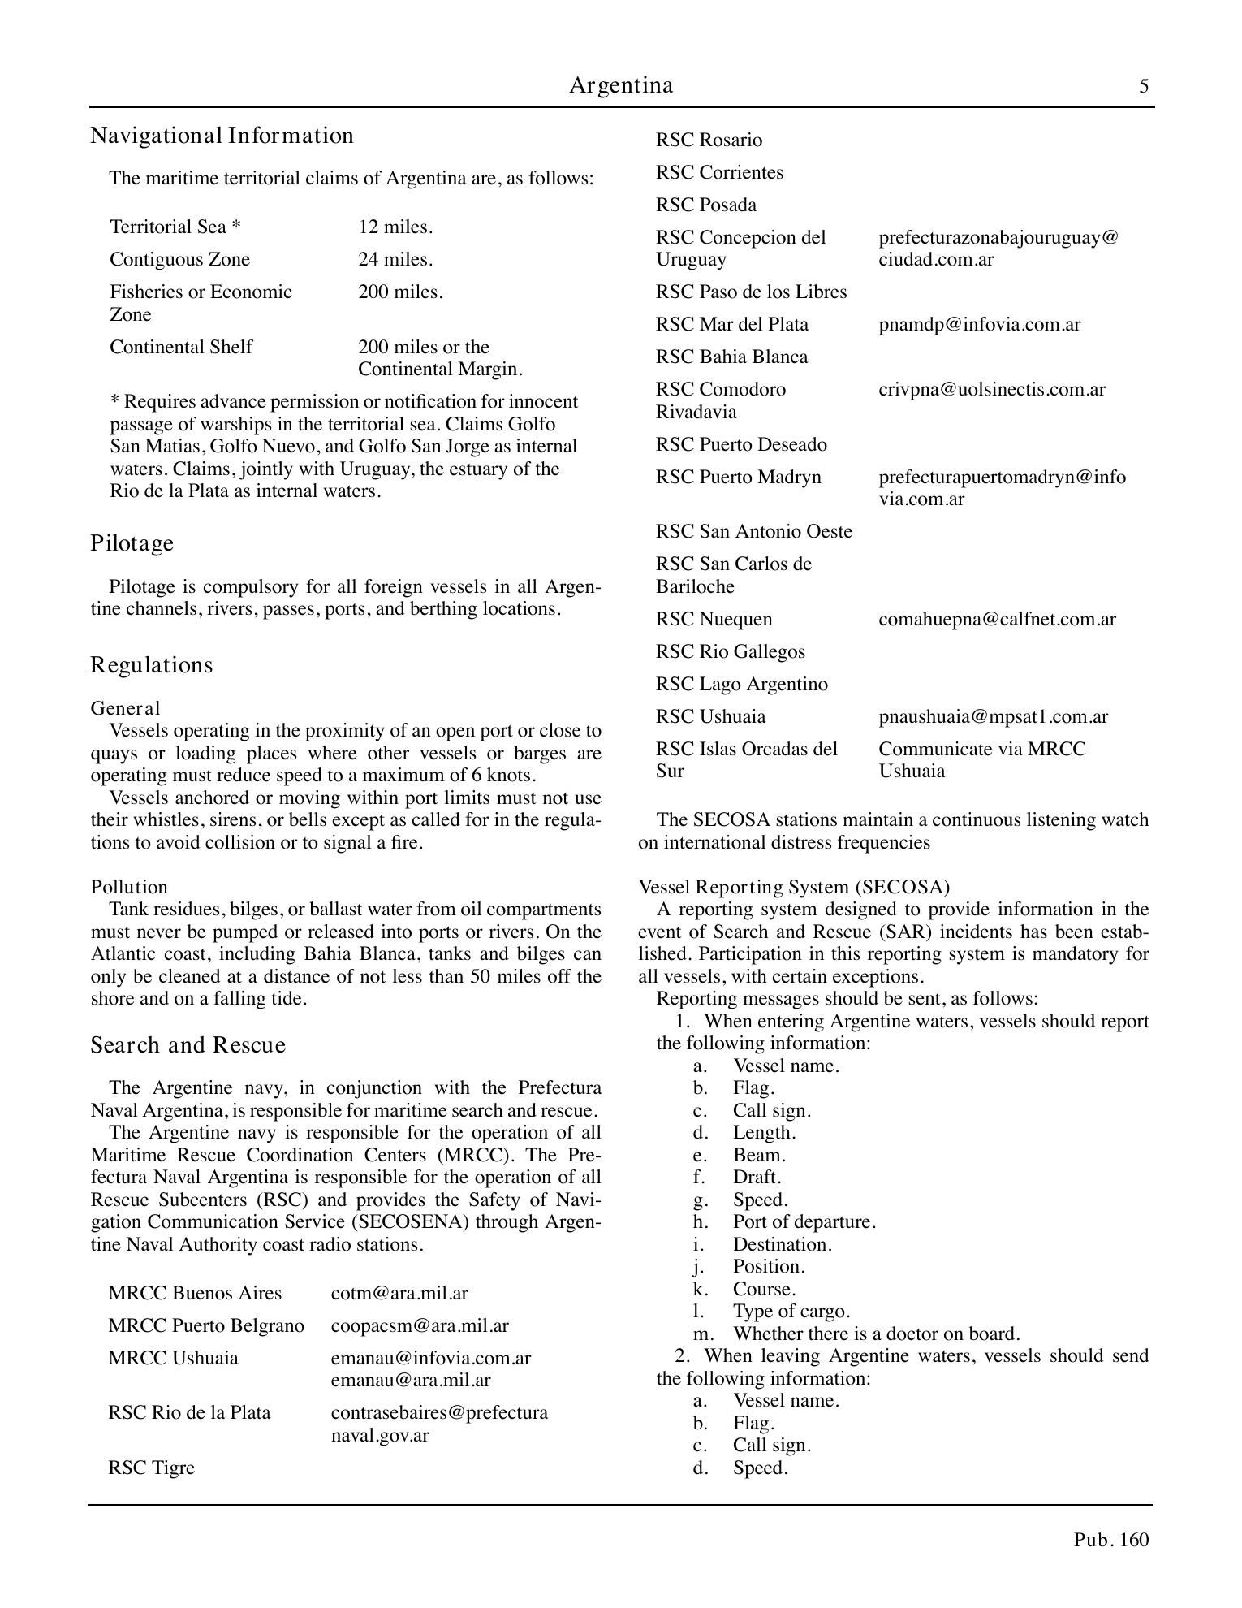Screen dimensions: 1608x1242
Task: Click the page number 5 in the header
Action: coord(1144,86)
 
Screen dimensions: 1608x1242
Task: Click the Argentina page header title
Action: coord(621,85)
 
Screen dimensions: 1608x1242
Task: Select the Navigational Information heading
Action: coord(222,136)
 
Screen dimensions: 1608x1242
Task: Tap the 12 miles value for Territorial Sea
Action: coord(395,227)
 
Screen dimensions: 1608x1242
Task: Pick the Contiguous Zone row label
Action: coord(179,259)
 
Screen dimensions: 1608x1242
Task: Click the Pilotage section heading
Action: coord(132,542)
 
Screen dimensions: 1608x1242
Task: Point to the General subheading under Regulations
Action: coord(125,708)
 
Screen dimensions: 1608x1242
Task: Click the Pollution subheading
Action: coord(129,887)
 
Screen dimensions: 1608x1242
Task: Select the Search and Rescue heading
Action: coord(188,1044)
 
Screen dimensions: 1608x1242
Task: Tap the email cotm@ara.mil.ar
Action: coord(399,1293)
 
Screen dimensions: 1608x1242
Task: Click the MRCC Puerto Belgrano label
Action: coord(205,1325)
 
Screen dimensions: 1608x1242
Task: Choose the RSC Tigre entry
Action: coord(151,1468)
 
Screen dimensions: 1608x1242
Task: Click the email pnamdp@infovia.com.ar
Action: coord(979,324)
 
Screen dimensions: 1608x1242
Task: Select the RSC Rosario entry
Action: coord(709,140)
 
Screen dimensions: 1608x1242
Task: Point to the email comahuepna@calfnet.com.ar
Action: coord(997,619)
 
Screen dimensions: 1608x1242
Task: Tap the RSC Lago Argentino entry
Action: coord(741,684)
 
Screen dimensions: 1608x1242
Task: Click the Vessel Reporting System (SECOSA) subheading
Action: coord(793,887)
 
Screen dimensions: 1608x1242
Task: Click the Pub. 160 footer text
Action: coord(1110,1540)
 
